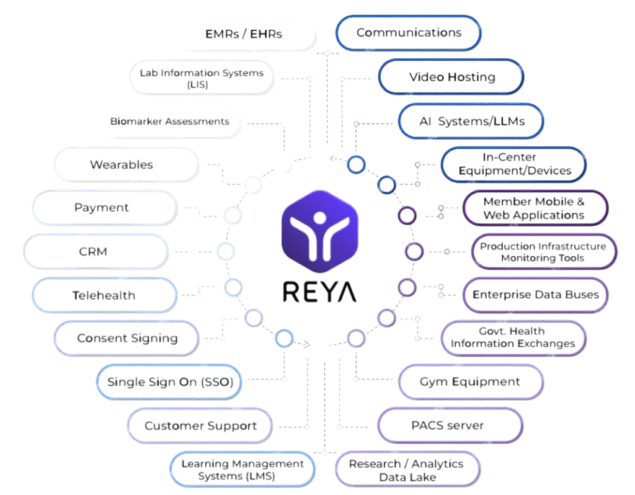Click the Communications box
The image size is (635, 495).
(x=409, y=33)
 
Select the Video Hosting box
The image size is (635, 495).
(x=451, y=76)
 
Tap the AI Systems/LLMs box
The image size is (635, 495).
(x=471, y=121)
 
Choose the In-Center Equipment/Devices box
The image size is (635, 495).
(x=514, y=164)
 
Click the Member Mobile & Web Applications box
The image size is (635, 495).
(x=535, y=208)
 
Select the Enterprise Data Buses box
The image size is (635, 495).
(x=535, y=295)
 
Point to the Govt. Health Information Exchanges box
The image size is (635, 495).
(x=514, y=338)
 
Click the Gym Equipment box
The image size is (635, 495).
(x=471, y=382)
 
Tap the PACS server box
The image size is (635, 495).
(x=450, y=426)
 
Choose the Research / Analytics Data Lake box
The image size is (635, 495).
(x=407, y=470)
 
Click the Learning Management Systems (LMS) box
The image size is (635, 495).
(x=242, y=470)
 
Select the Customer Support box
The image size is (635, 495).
(x=200, y=426)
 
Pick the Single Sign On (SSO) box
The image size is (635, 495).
(x=169, y=382)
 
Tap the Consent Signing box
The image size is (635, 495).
(x=127, y=338)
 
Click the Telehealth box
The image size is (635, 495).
(x=105, y=295)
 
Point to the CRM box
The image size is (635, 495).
(x=96, y=252)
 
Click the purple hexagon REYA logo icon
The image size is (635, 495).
(x=320, y=232)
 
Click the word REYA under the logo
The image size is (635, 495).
(x=319, y=292)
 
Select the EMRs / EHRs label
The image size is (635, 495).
(x=243, y=34)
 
